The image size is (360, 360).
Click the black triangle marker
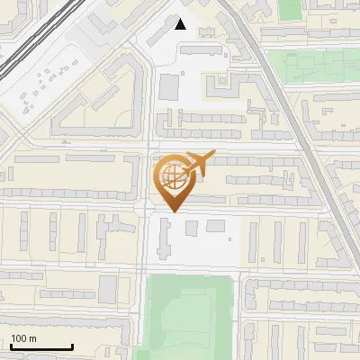point(181,24)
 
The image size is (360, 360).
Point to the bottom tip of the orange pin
point(171,211)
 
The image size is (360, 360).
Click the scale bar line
point(41,346)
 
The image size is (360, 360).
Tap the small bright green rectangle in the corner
point(290,10)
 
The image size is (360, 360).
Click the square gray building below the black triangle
point(169,87)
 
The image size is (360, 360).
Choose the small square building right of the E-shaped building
point(217,226)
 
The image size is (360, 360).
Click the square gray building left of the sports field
point(108,289)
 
